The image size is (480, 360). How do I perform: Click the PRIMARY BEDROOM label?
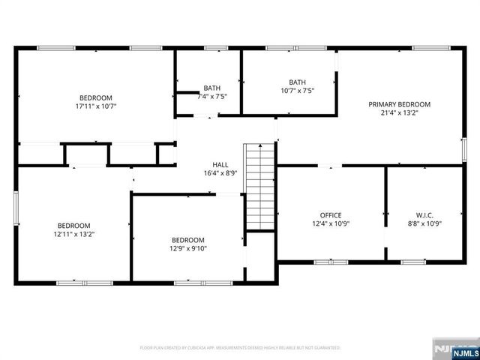tap(399, 104)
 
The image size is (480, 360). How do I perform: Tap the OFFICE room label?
tap(331, 214)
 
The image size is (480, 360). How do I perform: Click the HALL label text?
tap(220, 164)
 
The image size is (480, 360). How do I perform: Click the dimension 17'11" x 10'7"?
tap(96, 106)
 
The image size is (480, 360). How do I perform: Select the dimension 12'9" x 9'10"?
tap(188, 249)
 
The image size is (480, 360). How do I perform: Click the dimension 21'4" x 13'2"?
tap(399, 113)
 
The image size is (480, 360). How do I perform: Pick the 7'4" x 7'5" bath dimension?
tap(212, 96)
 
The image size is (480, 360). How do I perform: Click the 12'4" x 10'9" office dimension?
tap(331, 223)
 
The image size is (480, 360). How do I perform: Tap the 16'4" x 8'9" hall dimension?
tap(220, 173)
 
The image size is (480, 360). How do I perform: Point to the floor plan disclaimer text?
tap(240, 348)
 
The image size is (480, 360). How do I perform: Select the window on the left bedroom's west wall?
tap(16, 209)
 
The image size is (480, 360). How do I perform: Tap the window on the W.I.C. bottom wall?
tap(413, 262)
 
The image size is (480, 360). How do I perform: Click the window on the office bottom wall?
tap(325, 262)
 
